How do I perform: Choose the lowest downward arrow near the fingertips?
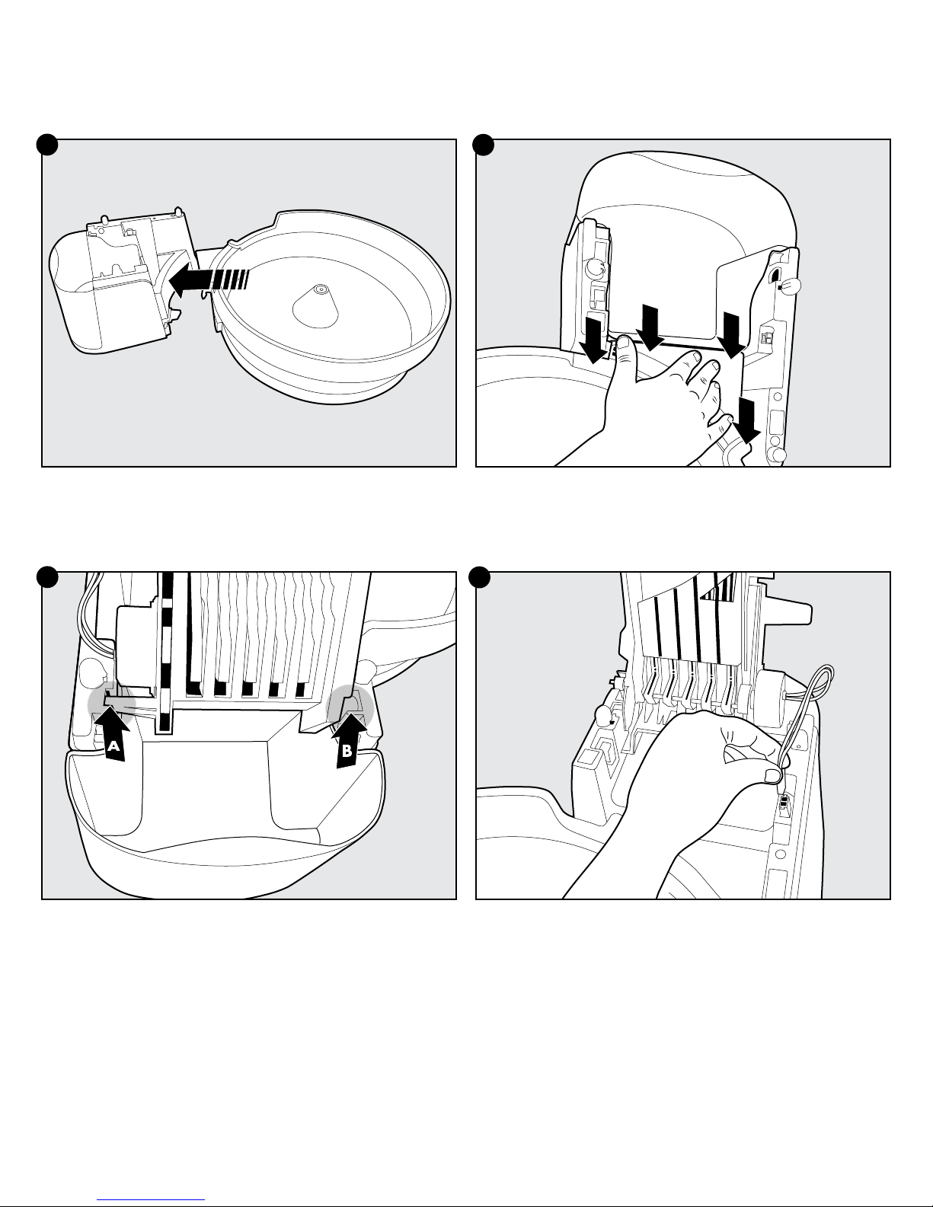[748, 419]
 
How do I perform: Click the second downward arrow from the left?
[649, 326]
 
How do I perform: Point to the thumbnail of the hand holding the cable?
[772, 775]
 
